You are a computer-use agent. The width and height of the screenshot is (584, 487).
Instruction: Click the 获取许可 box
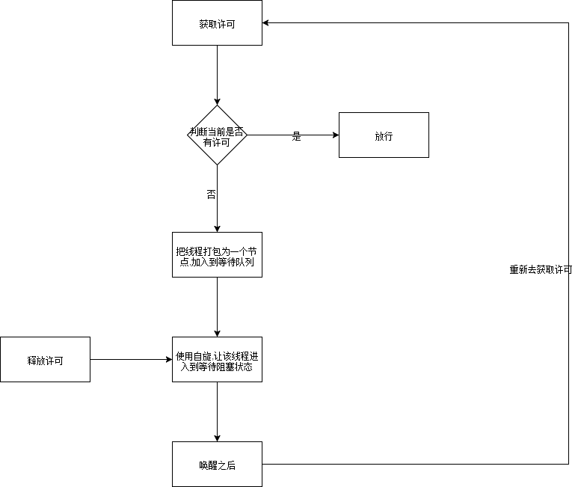[217, 23]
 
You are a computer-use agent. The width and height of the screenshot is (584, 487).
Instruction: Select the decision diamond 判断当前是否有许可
[217, 135]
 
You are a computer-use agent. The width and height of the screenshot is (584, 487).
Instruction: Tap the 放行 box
[384, 135]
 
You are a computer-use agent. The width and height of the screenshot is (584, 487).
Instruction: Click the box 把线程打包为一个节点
[217, 255]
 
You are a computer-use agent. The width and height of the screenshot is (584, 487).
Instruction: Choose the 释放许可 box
[45, 360]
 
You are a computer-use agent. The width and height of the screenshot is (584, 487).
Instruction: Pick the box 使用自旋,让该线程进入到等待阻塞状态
[217, 360]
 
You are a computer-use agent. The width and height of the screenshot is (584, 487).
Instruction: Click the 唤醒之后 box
[217, 465]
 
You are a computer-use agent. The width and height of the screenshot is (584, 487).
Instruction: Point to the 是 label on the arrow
[296, 137]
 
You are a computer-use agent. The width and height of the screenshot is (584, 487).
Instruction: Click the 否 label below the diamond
[211, 195]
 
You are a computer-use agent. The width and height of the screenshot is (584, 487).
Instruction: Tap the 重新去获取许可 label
[541, 269]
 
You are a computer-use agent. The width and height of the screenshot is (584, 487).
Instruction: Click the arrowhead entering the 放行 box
[334, 135]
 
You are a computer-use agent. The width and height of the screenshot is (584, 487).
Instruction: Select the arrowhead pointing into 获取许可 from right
[267, 23]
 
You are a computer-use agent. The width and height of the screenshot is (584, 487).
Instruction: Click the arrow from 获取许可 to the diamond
[217, 75]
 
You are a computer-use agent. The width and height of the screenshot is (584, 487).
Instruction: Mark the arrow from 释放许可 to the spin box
[131, 360]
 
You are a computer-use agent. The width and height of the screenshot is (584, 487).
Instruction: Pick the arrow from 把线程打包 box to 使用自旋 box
[217, 307]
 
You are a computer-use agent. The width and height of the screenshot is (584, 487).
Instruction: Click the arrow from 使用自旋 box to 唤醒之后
[217, 411]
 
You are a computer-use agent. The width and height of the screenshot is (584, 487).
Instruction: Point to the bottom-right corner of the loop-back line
[569, 465]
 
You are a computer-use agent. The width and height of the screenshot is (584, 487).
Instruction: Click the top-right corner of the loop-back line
[569, 23]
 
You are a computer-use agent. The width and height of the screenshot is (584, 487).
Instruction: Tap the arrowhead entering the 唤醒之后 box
[217, 438]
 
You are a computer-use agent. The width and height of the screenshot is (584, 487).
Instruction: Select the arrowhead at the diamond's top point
[217, 101]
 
